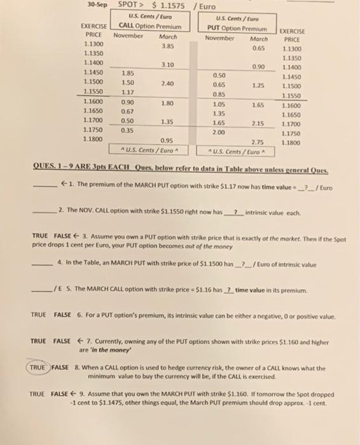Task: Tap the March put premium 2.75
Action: click(x=257, y=142)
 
